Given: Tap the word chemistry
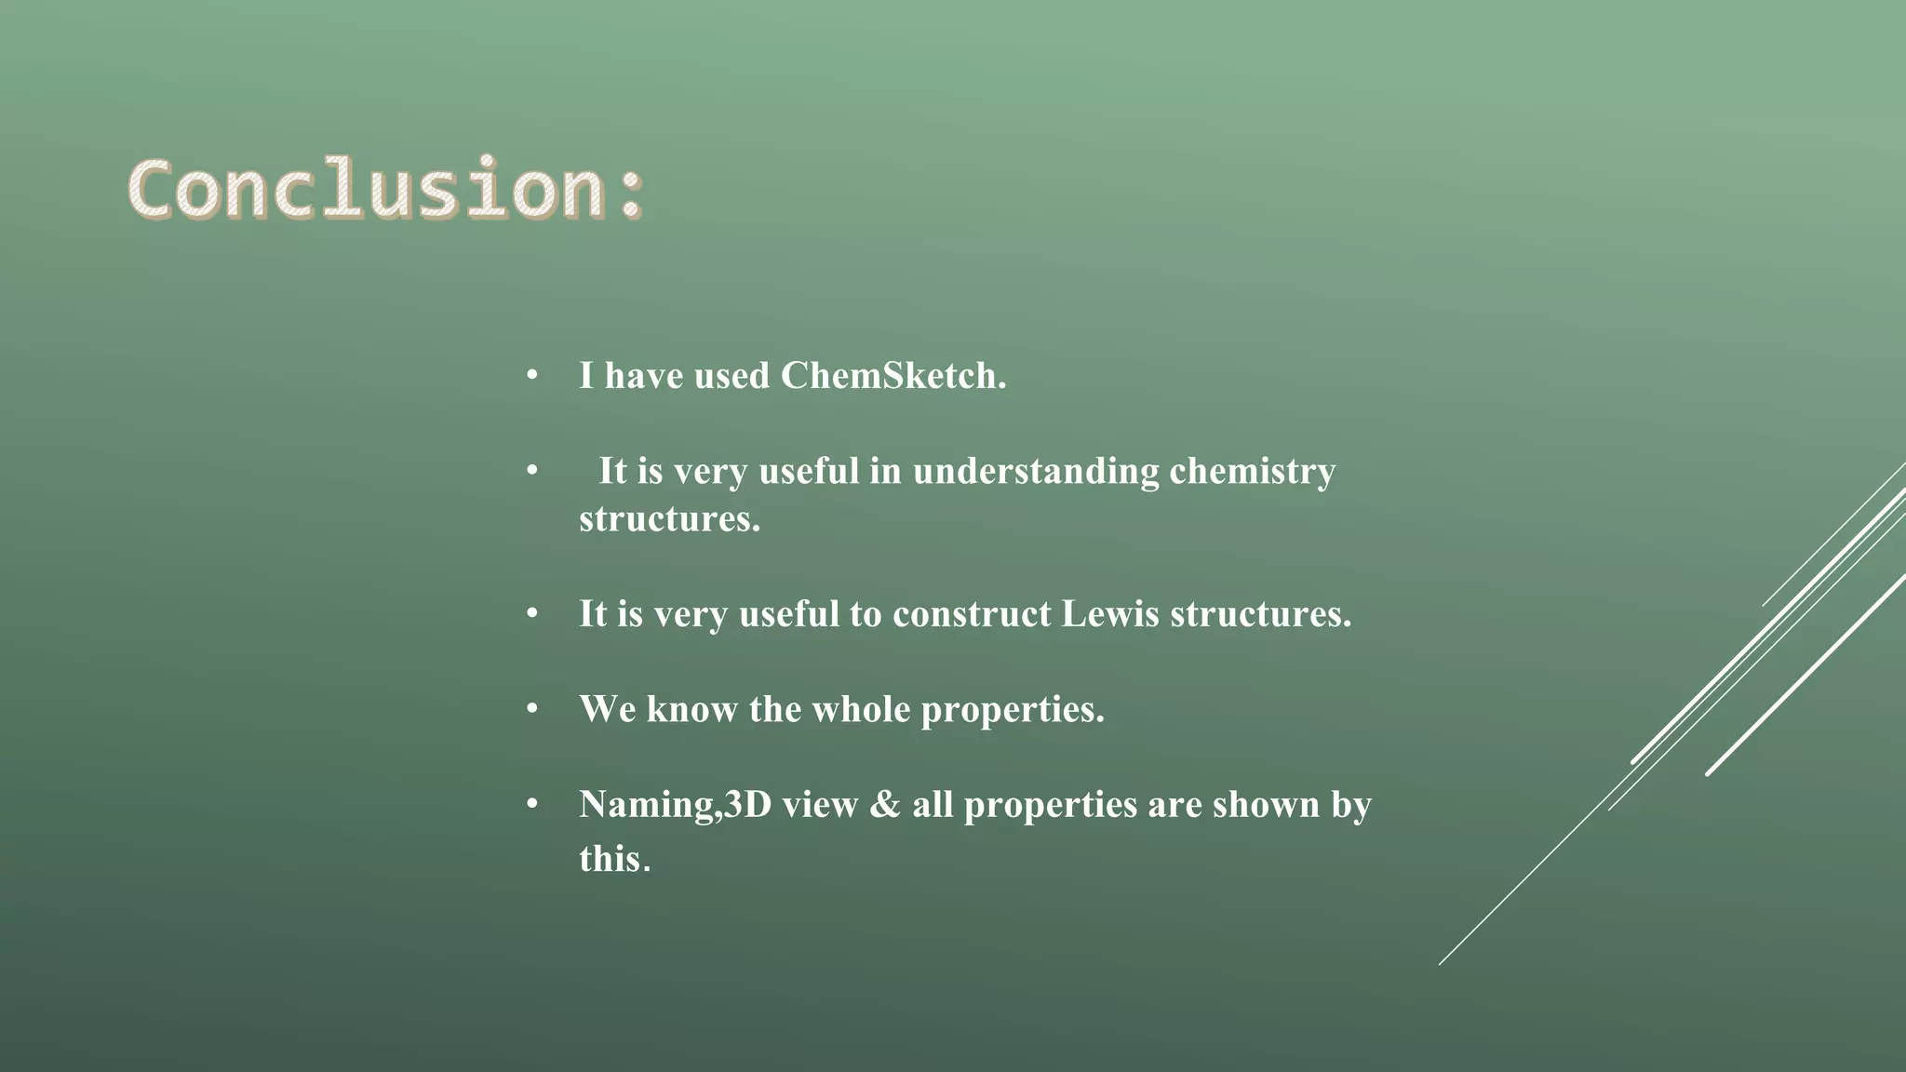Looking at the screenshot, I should tap(1252, 471).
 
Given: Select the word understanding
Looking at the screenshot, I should tap(1036, 471).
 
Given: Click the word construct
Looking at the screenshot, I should tap(972, 614).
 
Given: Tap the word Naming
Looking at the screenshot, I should tap(648, 805).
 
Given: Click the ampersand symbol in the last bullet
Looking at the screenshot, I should tap(884, 805).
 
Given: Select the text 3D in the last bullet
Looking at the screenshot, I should tap(748, 805).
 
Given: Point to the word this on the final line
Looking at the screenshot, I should tap(610, 858).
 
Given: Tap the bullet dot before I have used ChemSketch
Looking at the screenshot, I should tap(532, 375).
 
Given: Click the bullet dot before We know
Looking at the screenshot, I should tap(532, 708).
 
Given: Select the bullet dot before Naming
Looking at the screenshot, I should tap(532, 803).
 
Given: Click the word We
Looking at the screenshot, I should tap(607, 709).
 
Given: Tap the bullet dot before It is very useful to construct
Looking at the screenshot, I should tap(532, 613).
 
